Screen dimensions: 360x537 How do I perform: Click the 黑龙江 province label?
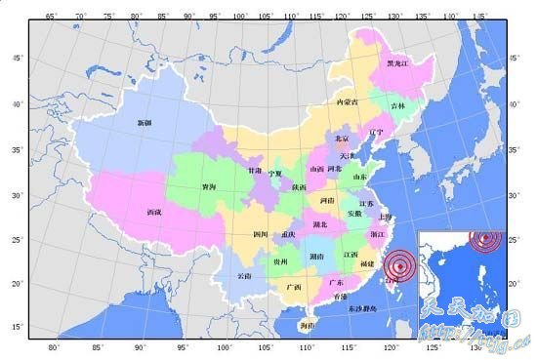tap(398, 62)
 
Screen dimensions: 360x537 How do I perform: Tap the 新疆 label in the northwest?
tap(145, 123)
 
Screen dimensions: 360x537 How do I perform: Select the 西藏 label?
tap(154, 212)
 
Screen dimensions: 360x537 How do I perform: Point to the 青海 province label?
tap(209, 186)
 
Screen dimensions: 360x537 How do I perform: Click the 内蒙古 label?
tap(347, 101)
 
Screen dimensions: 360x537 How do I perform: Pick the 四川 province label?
tap(260, 235)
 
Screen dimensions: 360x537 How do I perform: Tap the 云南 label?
tap(245, 276)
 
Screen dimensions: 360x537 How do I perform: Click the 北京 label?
tap(342, 140)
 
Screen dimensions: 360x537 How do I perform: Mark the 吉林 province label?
tap(398, 105)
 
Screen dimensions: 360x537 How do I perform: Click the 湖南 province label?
tap(316, 256)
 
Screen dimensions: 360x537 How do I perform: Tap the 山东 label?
tap(359, 177)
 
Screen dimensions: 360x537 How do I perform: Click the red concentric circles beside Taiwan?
tap(397, 263)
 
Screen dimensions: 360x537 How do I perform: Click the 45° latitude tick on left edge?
tap(17, 59)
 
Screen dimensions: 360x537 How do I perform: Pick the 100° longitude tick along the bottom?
tap(226, 346)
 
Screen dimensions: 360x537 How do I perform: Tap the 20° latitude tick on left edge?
tap(17, 284)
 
